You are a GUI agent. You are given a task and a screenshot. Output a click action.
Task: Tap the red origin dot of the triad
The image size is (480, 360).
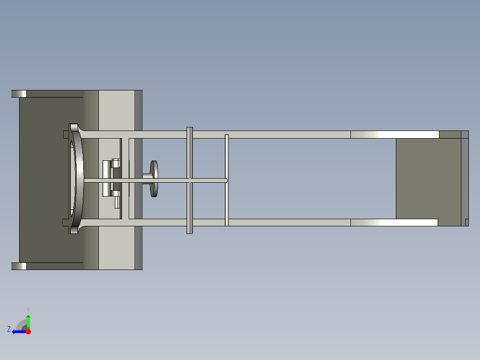[28, 331]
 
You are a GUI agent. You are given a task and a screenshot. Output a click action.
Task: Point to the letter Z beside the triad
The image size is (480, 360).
[8, 329]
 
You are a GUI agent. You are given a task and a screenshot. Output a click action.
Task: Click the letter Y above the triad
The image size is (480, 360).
[28, 309]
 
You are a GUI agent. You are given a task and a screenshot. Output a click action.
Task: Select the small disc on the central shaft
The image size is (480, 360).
[155, 178]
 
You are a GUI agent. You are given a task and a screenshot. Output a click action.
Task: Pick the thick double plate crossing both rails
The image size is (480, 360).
[189, 180]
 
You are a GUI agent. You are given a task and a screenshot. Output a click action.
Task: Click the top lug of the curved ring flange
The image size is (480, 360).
[73, 127]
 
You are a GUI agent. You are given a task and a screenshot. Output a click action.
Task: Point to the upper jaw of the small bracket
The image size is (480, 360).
[116, 163]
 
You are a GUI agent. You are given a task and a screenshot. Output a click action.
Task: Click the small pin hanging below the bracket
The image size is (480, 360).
[117, 203]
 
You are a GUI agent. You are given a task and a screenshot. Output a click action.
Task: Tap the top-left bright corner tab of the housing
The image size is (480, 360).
[19, 94]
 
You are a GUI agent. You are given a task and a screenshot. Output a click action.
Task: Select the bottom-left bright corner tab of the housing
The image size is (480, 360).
[19, 266]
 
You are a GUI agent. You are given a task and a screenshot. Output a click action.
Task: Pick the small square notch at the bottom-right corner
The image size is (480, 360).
[467, 222]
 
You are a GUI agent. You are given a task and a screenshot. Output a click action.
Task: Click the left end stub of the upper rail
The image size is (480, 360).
[66, 134]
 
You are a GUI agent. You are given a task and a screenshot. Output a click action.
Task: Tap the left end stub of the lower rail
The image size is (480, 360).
[66, 222]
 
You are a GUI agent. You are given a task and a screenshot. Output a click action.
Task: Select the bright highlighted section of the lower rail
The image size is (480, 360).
[394, 222]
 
